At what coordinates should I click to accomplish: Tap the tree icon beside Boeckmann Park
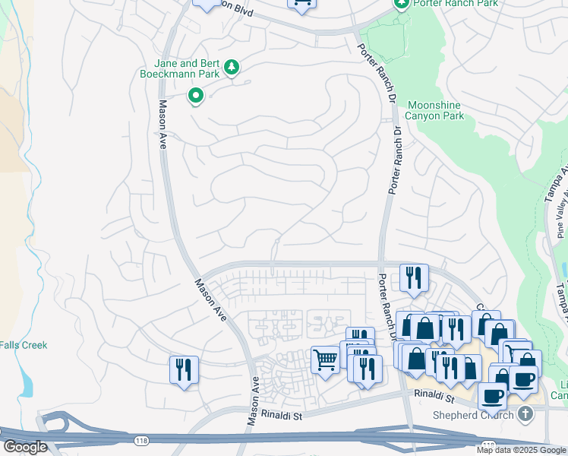[x=232, y=69]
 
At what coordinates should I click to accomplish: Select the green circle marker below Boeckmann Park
[x=195, y=96]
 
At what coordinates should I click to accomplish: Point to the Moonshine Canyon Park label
[x=435, y=110]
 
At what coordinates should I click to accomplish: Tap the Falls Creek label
[x=24, y=345]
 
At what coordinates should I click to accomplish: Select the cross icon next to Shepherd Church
[x=524, y=414]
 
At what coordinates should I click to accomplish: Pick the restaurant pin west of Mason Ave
[x=184, y=370]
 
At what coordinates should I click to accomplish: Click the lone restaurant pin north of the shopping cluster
[x=414, y=277]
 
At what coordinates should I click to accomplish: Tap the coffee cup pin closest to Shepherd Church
[x=492, y=395]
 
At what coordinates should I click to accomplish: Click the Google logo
[x=25, y=447]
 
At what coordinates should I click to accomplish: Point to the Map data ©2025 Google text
[x=521, y=450]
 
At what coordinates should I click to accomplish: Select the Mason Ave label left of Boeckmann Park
[x=162, y=125]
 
